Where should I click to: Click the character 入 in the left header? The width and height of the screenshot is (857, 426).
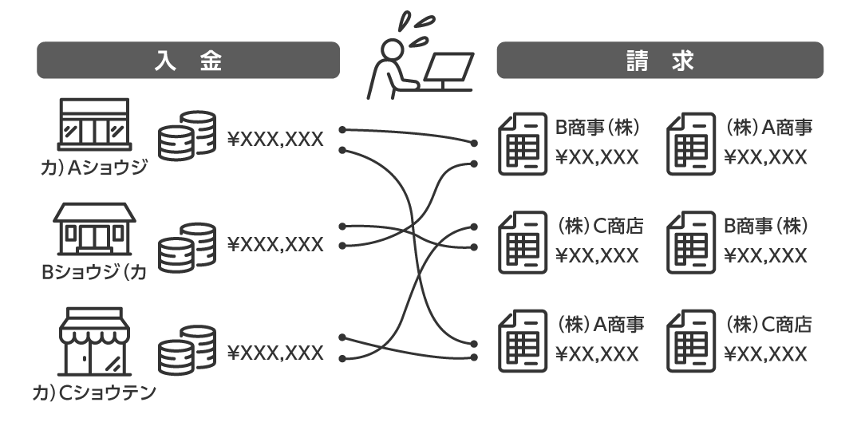click(x=164, y=61)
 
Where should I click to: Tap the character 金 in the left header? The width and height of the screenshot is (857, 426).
click(x=211, y=61)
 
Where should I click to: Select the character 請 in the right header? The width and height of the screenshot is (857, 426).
click(x=637, y=61)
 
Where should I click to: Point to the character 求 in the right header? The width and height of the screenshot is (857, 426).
click(x=683, y=61)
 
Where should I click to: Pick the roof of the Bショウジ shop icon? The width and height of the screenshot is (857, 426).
click(x=94, y=211)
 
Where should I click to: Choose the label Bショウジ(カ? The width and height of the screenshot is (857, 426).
click(x=94, y=274)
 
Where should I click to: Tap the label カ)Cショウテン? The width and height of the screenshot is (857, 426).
click(x=94, y=392)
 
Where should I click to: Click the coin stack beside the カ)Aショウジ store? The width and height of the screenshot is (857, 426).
click(x=188, y=133)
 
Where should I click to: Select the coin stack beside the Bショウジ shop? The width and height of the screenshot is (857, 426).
click(x=188, y=245)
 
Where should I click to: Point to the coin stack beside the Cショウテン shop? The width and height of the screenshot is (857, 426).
click(x=188, y=348)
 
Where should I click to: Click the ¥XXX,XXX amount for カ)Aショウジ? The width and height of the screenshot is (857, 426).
click(x=275, y=140)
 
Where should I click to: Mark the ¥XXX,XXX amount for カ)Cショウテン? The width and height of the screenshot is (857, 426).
click(x=275, y=353)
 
